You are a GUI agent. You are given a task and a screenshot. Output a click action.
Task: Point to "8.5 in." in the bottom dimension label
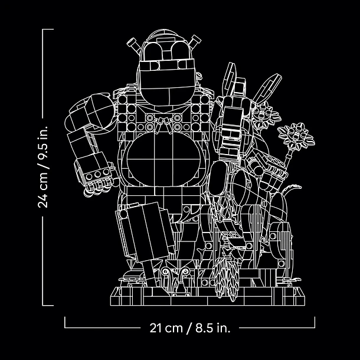[212, 328]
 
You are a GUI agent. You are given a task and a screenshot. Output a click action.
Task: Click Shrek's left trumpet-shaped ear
[133, 45]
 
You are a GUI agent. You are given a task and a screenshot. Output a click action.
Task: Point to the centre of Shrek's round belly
[163, 159]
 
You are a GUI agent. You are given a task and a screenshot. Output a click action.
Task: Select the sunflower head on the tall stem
[296, 136]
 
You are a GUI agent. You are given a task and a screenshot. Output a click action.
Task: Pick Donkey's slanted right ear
[267, 88]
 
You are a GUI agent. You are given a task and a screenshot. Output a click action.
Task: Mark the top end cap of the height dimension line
[48, 30]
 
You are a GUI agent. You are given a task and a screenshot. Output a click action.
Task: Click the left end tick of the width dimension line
[65, 322]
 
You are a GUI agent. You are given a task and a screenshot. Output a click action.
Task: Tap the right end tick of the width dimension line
[315, 322]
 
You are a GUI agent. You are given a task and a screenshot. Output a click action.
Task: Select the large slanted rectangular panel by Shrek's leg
[147, 232]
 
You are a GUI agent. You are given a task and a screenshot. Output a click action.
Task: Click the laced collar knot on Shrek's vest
[163, 124]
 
